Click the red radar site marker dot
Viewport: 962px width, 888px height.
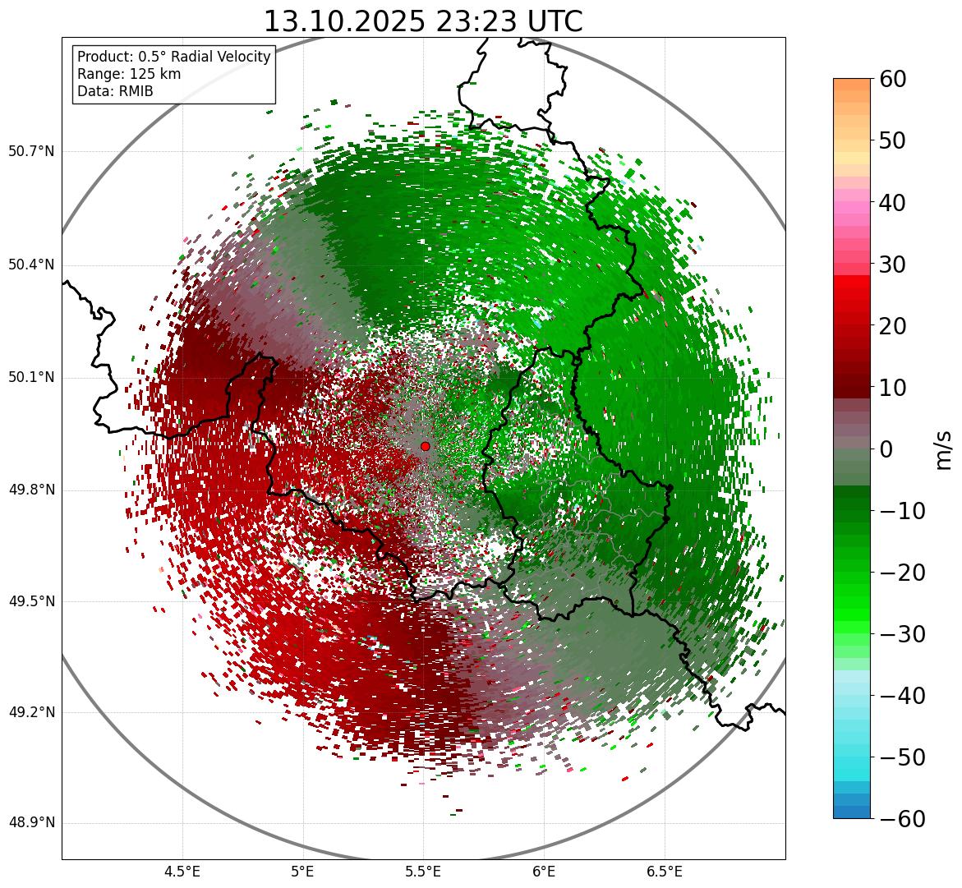point(425,446)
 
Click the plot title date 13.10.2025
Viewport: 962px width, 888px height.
point(344,21)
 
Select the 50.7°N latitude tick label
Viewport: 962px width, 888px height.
point(31,151)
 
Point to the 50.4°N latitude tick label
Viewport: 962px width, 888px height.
point(31,265)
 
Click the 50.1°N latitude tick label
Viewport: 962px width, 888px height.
point(31,378)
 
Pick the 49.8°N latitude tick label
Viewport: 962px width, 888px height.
point(31,490)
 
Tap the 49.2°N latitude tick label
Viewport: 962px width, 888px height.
point(31,712)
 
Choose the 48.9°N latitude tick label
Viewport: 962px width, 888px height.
point(31,823)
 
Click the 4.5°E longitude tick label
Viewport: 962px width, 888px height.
point(182,872)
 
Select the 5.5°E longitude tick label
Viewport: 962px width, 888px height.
point(423,872)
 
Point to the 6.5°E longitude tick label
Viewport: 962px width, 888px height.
point(664,872)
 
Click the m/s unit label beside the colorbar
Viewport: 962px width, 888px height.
point(945,449)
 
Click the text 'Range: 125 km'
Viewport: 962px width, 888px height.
point(129,74)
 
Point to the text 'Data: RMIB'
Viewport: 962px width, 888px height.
point(115,91)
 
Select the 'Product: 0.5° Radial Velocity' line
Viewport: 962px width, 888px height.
point(173,57)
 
